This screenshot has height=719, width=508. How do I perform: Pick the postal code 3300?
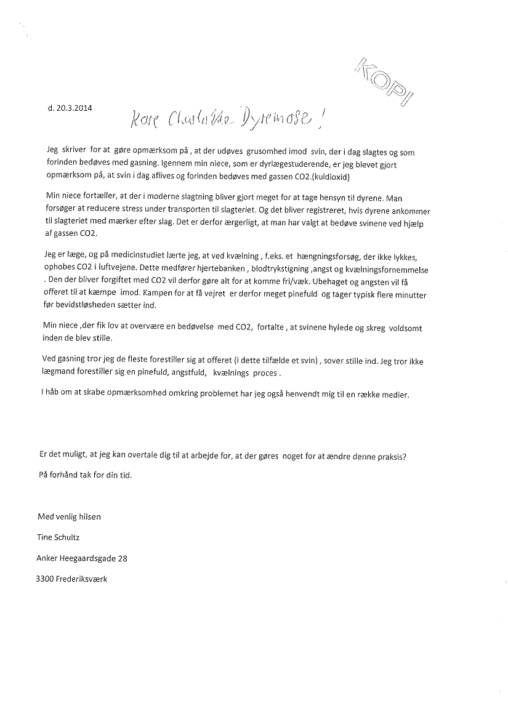(45, 579)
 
